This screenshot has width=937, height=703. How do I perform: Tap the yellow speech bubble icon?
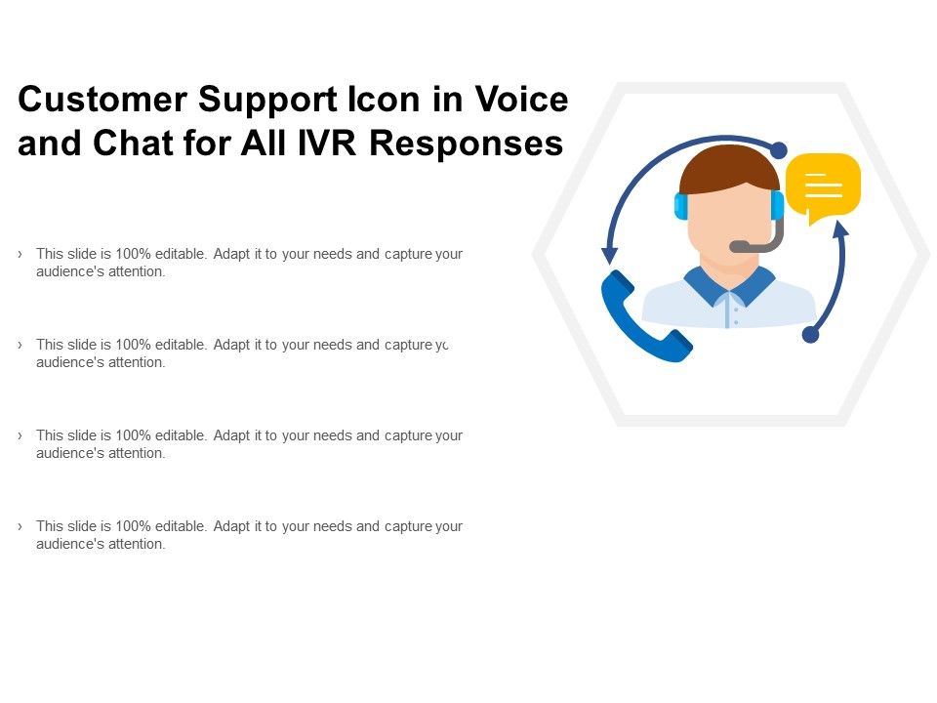coord(823,184)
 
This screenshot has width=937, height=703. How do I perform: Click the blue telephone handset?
coord(644,318)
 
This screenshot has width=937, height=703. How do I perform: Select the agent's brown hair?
coord(729,169)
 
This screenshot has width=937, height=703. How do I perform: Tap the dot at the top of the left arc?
coord(778,150)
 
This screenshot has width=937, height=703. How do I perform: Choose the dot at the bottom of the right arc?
coord(810,335)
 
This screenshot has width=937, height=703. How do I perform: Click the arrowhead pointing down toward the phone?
coord(610,255)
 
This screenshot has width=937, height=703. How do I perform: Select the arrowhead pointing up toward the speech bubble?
coord(839,228)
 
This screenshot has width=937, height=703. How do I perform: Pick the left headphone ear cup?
coord(681,206)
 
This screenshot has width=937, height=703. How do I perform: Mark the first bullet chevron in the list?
coord(20,254)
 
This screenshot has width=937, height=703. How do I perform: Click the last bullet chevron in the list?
coord(20,526)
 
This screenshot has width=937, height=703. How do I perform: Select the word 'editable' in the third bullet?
coord(179,435)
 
